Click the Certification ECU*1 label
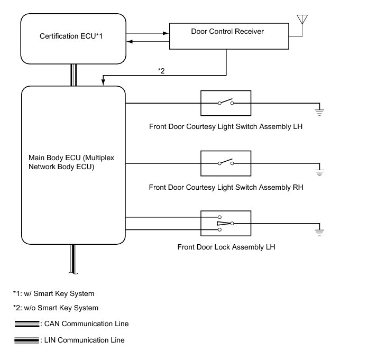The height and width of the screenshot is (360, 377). coord(71,36)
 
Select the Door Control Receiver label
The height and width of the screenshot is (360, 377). coord(227,32)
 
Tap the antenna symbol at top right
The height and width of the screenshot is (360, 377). coord(302,19)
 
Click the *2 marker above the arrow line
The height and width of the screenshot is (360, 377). coord(161,71)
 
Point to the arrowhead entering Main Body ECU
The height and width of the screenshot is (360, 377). coord(103,82)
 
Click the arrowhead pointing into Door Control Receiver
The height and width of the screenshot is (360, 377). coord(166,33)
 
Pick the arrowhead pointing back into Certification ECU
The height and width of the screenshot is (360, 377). coord(130,42)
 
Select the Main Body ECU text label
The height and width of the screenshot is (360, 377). coord(71,162)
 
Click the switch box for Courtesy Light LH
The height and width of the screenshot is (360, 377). coord(226,103)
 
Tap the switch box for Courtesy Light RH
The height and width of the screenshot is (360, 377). coord(226,163)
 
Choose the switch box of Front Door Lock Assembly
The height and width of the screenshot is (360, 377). coord(226,224)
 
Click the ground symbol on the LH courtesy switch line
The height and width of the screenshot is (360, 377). coord(319,112)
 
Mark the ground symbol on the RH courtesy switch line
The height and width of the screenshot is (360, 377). coord(319,172)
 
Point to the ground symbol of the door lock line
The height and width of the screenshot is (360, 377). coord(319,233)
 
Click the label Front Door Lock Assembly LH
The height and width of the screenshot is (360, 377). coord(226,247)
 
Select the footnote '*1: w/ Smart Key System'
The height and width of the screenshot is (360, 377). coord(53,294)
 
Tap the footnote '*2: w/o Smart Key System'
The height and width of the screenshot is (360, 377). coord(56,308)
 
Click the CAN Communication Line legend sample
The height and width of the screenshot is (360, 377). coord(27,324)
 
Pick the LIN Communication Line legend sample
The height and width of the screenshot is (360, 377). coord(26,340)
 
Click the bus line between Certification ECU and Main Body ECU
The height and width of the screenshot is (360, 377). coord(74,75)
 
